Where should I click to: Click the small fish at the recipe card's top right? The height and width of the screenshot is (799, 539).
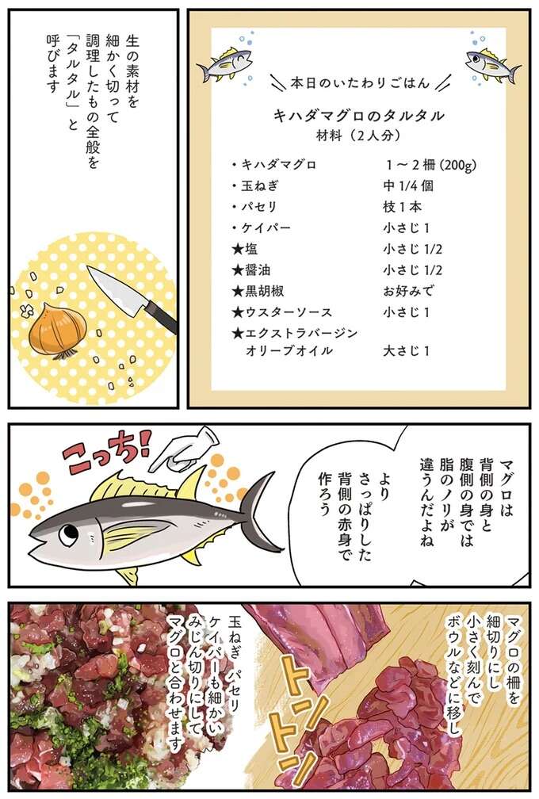click(492, 62)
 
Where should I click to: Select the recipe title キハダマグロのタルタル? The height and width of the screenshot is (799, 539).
click(358, 115)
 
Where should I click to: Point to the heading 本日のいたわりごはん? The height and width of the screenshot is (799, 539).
click(359, 82)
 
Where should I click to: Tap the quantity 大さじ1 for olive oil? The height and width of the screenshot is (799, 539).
click(406, 350)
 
